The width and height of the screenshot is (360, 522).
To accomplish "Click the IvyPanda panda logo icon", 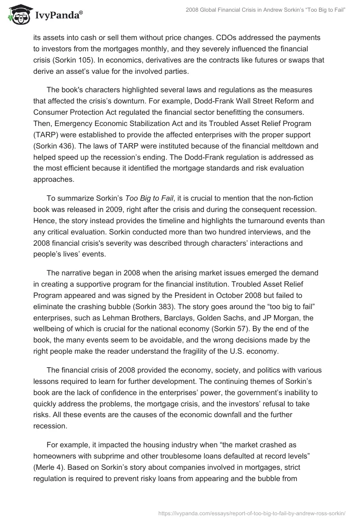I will [x=18, y=15].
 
